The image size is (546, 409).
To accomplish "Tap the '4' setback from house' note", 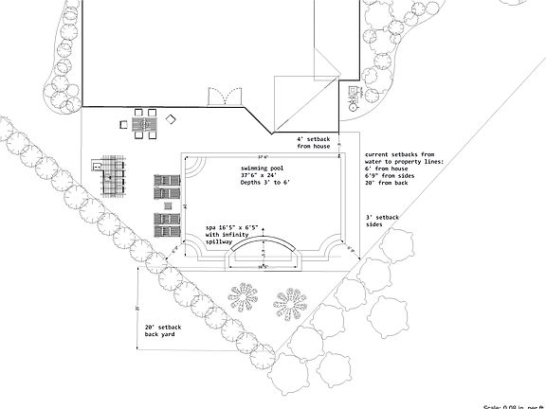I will (314, 142).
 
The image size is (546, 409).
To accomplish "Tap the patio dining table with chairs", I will (144, 124).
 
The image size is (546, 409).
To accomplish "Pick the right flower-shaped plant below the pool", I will (291, 303).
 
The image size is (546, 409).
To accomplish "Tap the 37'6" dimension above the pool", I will (262, 156).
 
